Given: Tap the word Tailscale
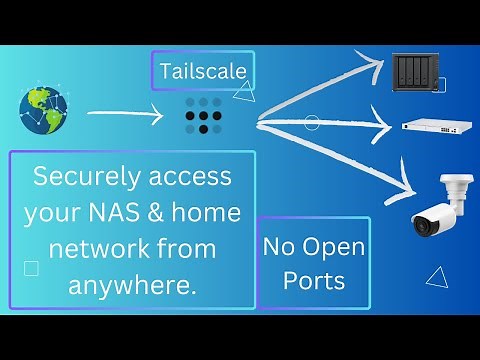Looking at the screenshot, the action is point(202,71).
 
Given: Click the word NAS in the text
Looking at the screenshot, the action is point(124,213).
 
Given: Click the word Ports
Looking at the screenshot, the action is point(313,280).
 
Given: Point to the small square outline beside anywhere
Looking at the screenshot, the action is point(31,268).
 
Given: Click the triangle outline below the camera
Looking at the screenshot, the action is point(435,277).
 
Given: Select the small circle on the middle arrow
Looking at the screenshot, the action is point(311,124).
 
